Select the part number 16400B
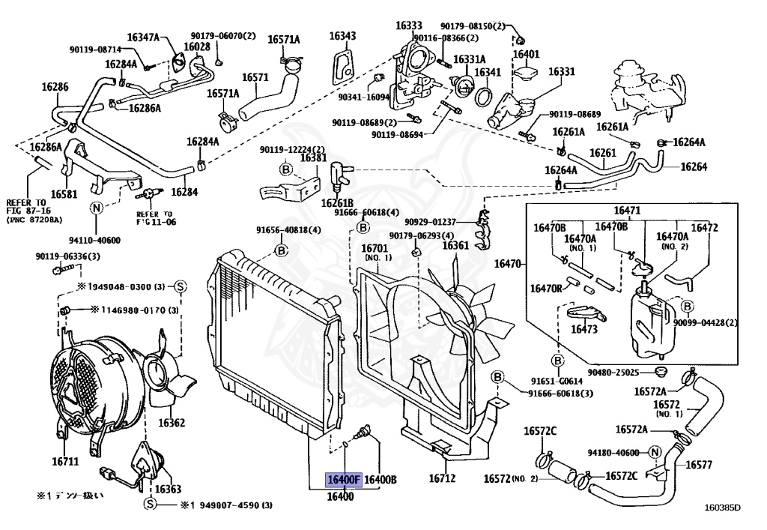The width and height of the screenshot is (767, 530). pyautogui.click(x=381, y=479)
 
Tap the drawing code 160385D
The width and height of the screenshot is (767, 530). pyautogui.click(x=722, y=508)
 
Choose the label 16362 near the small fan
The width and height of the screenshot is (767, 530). pyautogui.click(x=171, y=423)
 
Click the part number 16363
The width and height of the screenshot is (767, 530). pyautogui.click(x=169, y=489)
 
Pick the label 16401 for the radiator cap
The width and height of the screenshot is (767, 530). pyautogui.click(x=526, y=54)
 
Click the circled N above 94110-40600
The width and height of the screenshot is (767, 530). pyautogui.click(x=96, y=208)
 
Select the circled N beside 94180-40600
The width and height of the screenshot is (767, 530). pyautogui.click(x=654, y=452)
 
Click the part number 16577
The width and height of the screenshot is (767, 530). pyautogui.click(x=699, y=465)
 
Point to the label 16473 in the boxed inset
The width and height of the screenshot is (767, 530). pyautogui.click(x=584, y=328)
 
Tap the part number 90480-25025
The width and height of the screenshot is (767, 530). pyautogui.click(x=613, y=372)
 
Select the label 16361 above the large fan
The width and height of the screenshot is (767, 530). pyautogui.click(x=455, y=245)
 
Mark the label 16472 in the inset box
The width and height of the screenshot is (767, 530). pyautogui.click(x=704, y=226)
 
